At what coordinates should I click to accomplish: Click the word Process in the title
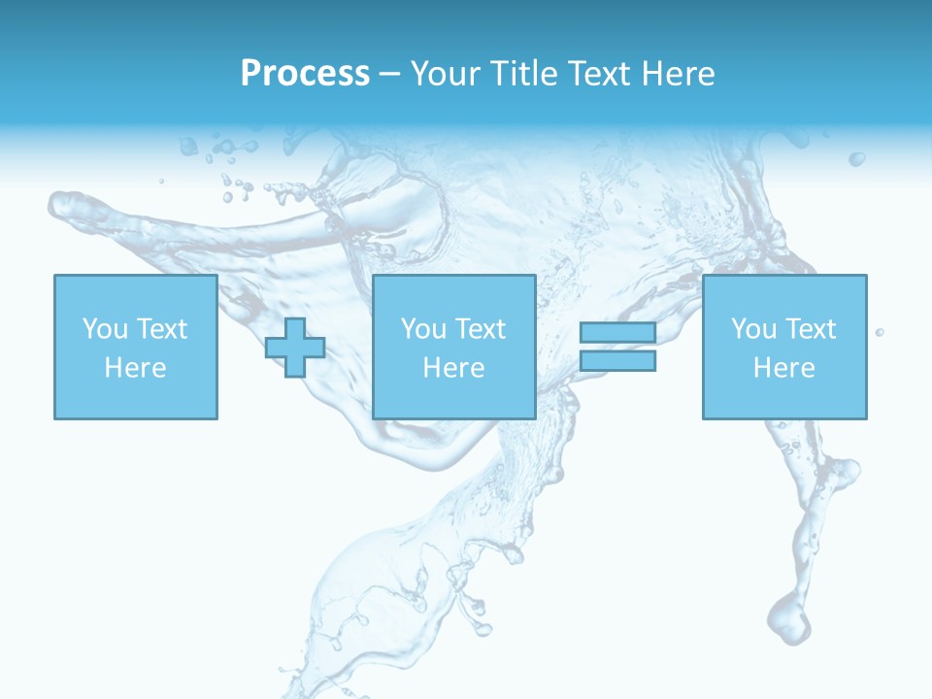coord(305,73)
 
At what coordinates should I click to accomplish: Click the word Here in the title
coord(680,73)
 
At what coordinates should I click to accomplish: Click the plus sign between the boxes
coord(295,348)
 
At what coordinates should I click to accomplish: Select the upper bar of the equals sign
coord(617,332)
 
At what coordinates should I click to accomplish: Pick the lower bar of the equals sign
coord(617,361)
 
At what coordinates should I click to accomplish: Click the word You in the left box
coord(105,328)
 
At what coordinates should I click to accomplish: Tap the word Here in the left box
coord(135,367)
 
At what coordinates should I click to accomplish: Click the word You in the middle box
coord(423,328)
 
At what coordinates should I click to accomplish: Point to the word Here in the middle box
coord(453,367)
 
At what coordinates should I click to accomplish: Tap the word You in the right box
coord(753,328)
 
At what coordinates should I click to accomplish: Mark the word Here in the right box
coord(783,367)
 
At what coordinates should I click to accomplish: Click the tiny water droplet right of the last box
coord(880,332)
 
